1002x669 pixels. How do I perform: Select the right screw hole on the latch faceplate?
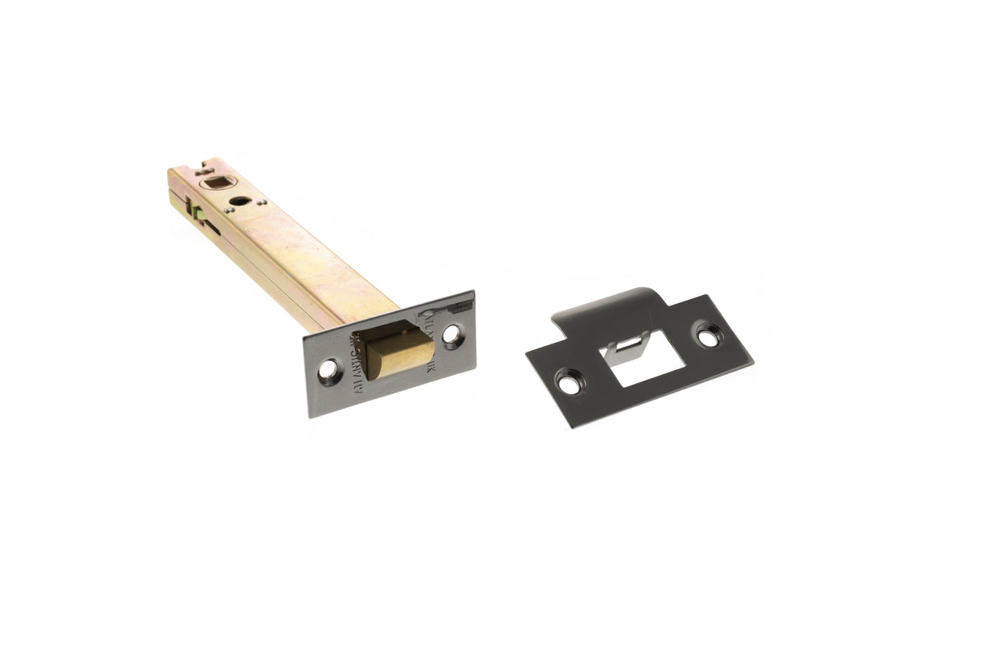(451, 334)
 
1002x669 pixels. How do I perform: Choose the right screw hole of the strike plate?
(707, 335)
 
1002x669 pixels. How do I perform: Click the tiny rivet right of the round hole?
(262, 201)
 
